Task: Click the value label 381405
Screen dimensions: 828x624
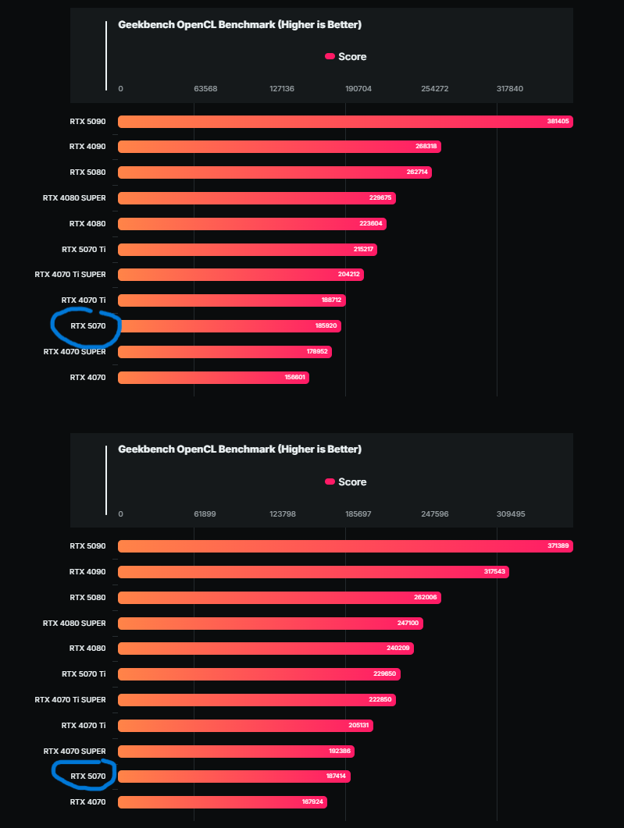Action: point(558,122)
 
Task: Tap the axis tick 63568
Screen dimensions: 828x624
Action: point(205,89)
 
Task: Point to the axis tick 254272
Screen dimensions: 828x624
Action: point(435,89)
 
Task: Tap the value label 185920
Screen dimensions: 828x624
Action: point(326,326)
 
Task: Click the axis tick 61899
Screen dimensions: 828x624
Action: point(205,514)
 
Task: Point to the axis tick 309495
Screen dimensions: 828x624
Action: point(510,514)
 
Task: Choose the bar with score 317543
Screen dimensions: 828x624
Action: point(313,572)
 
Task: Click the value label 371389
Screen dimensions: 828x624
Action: point(558,546)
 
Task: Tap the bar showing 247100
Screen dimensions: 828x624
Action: point(270,624)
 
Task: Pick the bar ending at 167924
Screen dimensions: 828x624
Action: point(222,802)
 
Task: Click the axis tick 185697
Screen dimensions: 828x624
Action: point(358,514)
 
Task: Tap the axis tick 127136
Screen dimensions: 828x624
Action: point(282,89)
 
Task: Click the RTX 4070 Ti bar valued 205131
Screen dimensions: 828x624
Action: point(245,726)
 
